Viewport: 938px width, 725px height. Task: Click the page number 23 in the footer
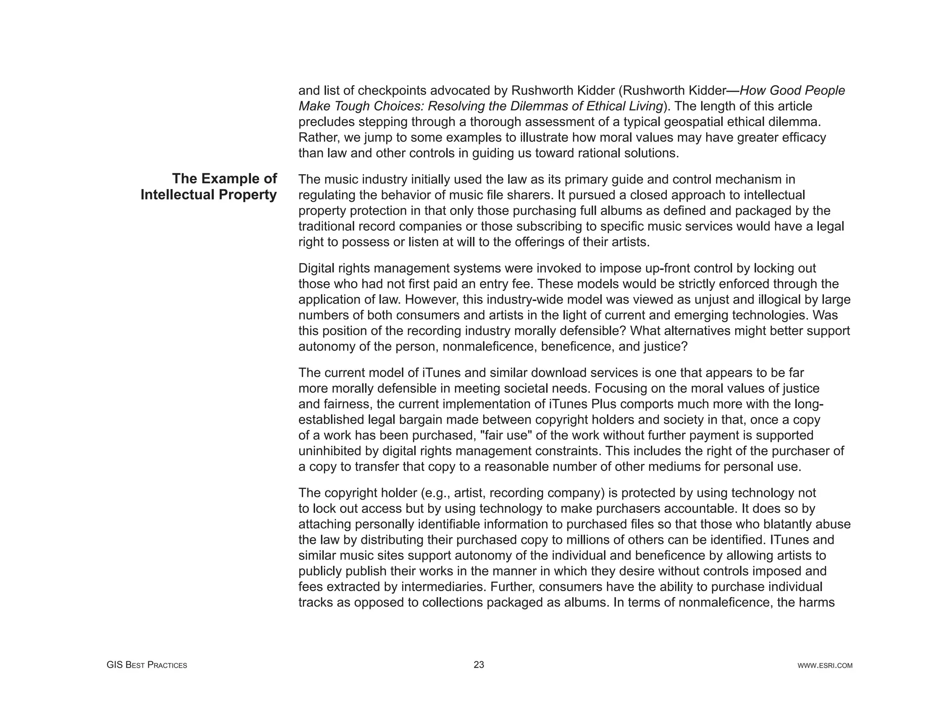click(x=479, y=665)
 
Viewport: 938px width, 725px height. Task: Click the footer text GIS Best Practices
click(x=147, y=665)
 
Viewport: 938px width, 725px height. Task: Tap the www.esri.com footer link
click(x=825, y=665)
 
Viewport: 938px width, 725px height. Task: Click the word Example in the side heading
click(x=226, y=178)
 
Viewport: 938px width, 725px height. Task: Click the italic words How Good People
click(x=792, y=90)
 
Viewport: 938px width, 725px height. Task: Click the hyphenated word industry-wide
click(x=527, y=299)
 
